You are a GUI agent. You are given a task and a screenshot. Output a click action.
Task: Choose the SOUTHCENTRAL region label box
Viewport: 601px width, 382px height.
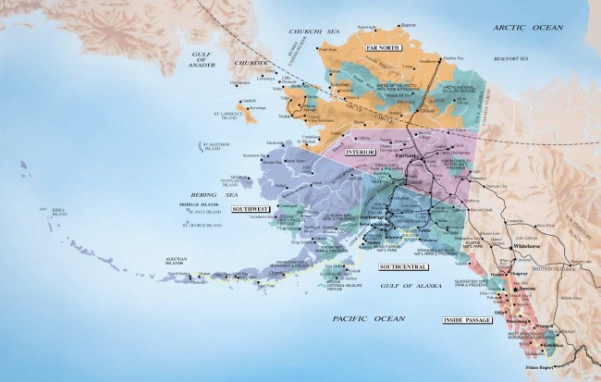pyautogui.click(x=403, y=267)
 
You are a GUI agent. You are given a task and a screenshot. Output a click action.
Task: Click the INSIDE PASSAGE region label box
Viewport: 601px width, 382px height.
pyautogui.click(x=465, y=320)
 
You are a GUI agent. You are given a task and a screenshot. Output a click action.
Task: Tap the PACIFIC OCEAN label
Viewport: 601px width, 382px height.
pyautogui.click(x=369, y=318)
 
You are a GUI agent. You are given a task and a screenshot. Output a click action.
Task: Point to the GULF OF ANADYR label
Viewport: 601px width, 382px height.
pyautogui.click(x=202, y=60)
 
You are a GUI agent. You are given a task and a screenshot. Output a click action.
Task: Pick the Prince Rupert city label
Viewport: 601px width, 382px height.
pyautogui.click(x=531, y=372)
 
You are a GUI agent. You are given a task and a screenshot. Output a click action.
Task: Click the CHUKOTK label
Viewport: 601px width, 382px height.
pyautogui.click(x=250, y=63)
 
